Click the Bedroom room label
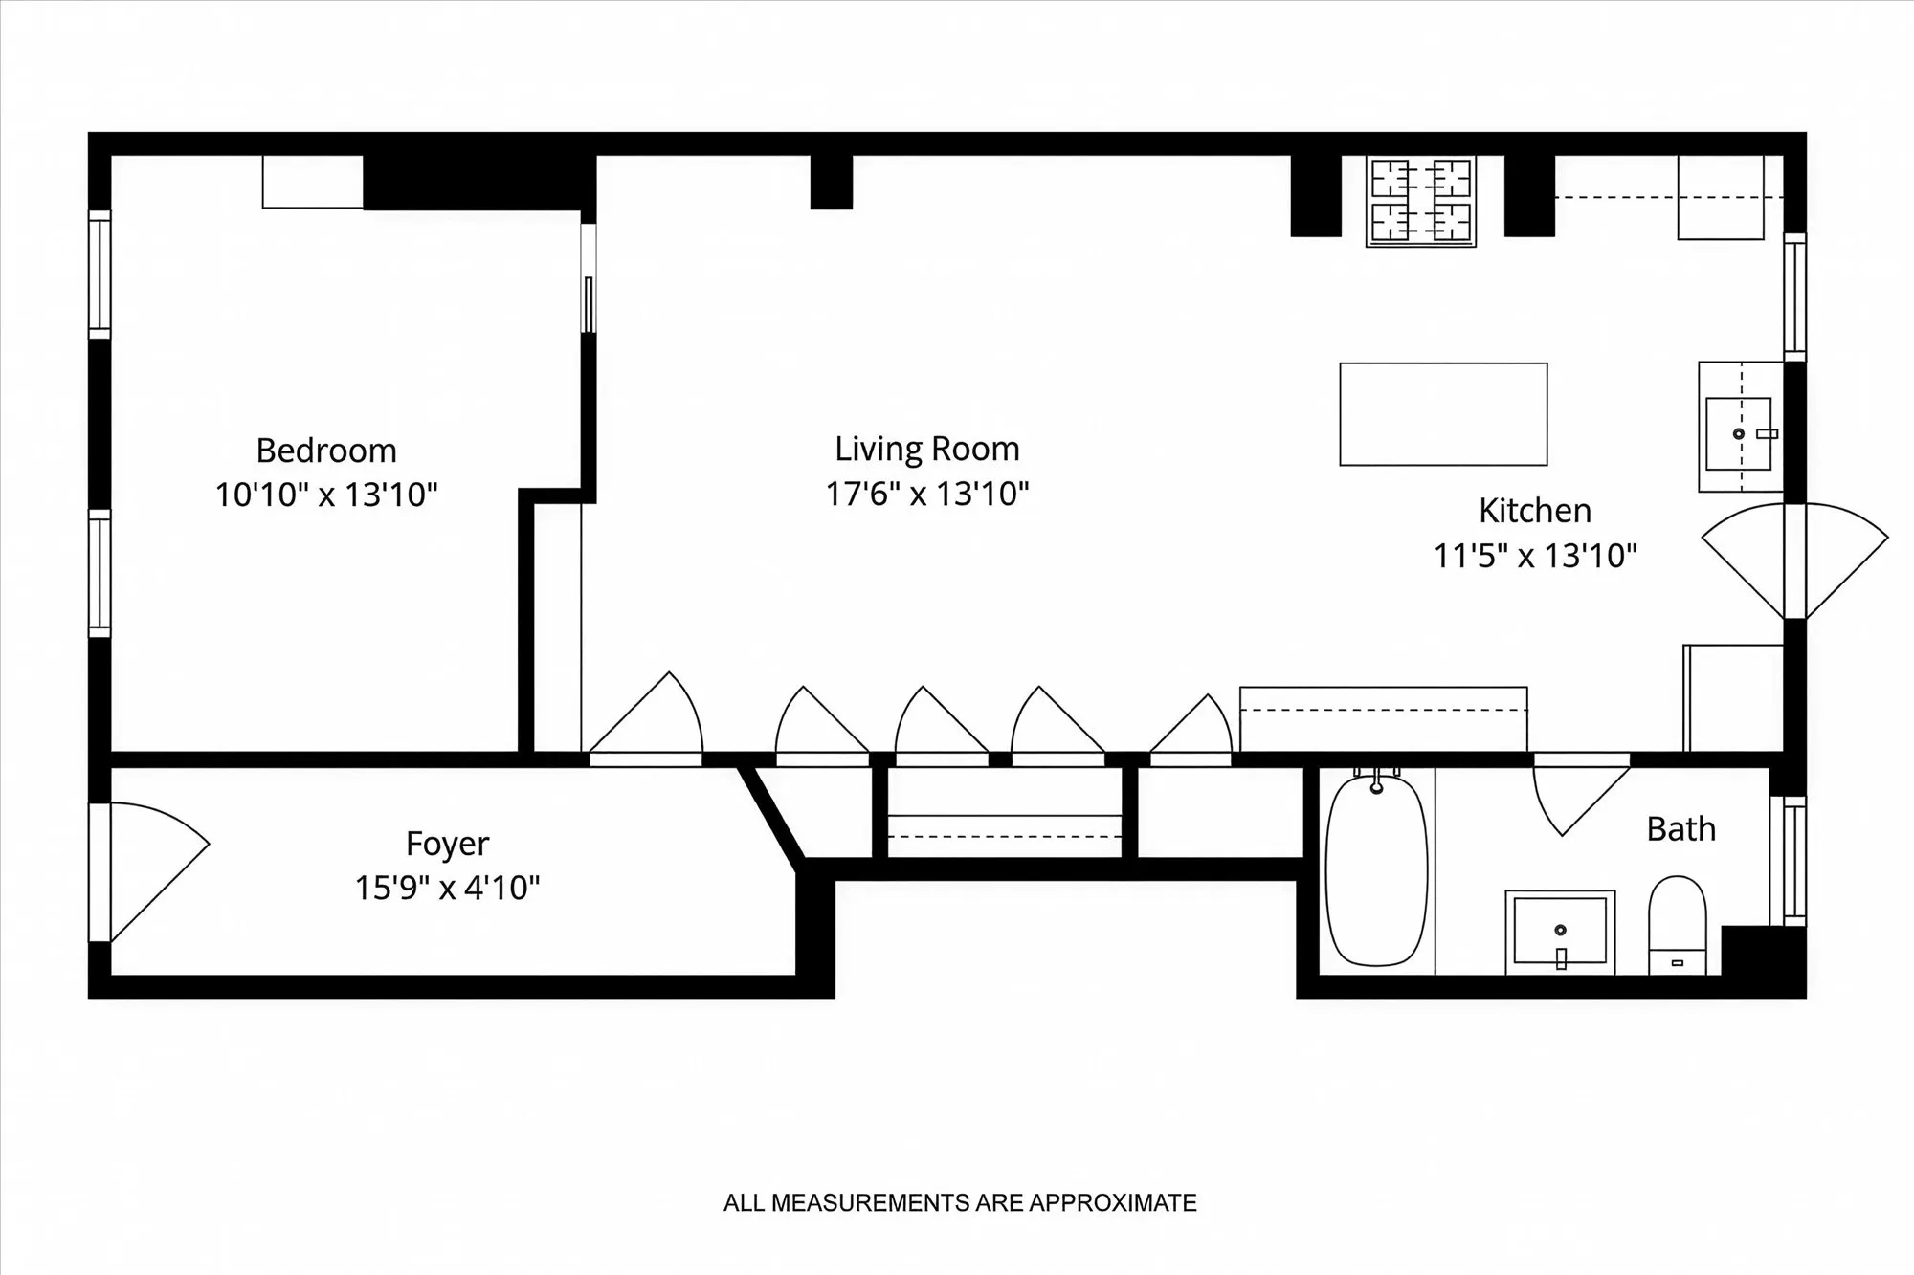pyautogui.click(x=326, y=451)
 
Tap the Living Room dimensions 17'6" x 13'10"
pyautogui.click(x=927, y=495)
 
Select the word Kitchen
pyautogui.click(x=1534, y=511)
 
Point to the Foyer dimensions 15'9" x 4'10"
pyautogui.click(x=447, y=889)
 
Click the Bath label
pyautogui.click(x=1680, y=829)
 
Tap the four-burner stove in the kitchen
pyautogui.click(x=1420, y=202)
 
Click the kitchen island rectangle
pyautogui.click(x=1443, y=414)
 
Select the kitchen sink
pyautogui.click(x=1739, y=433)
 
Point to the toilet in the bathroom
pyautogui.click(x=1677, y=924)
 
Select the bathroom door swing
pyautogui.click(x=1574, y=796)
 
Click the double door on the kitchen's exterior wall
pyautogui.click(x=1794, y=561)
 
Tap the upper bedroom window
pyautogui.click(x=100, y=274)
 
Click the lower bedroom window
pyautogui.click(x=100, y=573)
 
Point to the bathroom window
pyautogui.click(x=1793, y=861)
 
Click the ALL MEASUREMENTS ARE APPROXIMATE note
pyautogui.click(x=959, y=1203)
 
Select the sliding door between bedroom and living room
pyautogui.click(x=589, y=279)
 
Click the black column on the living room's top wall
pyautogui.click(x=831, y=182)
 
